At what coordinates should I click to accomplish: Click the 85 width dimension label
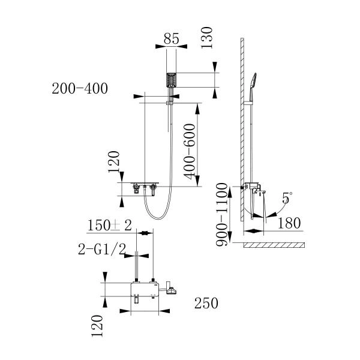point(172,40)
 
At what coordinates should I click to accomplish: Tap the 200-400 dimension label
point(80,89)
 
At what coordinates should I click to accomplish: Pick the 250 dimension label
point(205,304)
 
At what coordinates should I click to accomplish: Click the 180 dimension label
point(289,223)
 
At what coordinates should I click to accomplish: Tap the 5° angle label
point(287,197)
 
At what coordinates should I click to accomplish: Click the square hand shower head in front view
point(172,80)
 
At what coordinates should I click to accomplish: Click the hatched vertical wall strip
point(241,120)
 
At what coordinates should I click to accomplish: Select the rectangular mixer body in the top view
point(144,292)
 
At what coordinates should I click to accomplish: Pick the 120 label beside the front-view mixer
point(115,162)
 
